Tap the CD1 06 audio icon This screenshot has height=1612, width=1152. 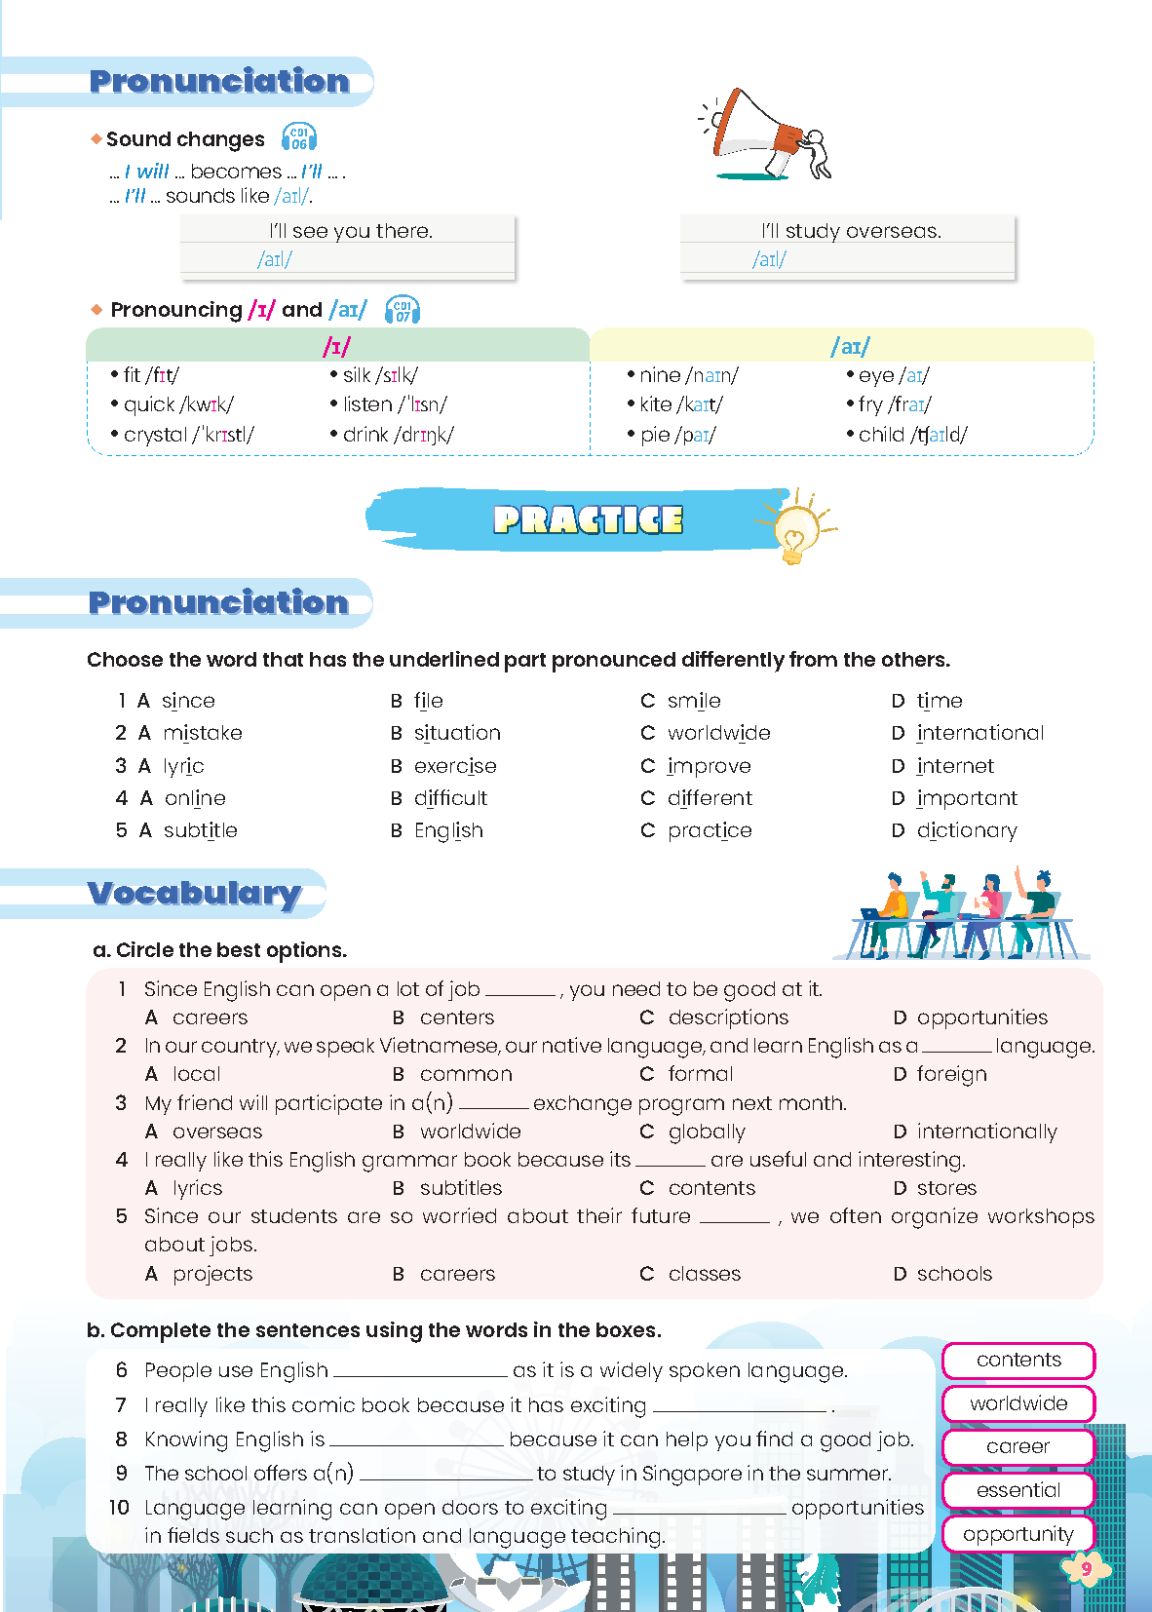[298, 137]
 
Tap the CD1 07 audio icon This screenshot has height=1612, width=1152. [403, 310]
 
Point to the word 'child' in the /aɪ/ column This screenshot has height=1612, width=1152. [881, 435]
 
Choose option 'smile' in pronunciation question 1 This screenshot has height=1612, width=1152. [693, 701]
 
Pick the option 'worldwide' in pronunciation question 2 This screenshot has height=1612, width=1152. [718, 733]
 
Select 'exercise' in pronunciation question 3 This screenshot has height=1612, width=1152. [455, 766]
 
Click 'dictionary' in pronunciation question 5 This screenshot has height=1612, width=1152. [967, 830]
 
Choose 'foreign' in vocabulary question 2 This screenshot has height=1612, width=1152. [951, 1074]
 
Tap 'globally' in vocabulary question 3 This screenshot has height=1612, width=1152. [707, 1132]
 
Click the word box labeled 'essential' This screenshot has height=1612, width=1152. [1018, 1490]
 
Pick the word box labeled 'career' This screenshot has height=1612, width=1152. [1018, 1446]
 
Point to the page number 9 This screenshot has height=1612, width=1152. [1086, 1568]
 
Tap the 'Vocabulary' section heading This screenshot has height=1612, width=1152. [194, 893]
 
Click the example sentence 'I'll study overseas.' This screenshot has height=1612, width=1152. [850, 231]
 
